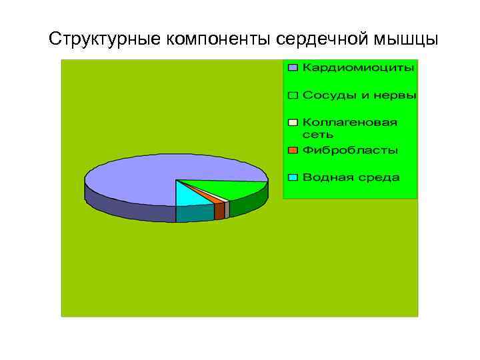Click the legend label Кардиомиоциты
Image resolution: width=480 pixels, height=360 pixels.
(358, 67)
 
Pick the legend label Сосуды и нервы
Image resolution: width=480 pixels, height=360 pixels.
(359, 95)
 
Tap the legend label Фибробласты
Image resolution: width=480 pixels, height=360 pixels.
(350, 150)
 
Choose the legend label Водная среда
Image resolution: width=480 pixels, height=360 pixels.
(351, 177)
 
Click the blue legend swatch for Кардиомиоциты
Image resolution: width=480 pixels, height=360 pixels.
(293, 68)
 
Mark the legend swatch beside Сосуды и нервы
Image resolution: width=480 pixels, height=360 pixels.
(293, 96)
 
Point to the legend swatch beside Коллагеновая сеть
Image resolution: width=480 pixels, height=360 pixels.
(293, 123)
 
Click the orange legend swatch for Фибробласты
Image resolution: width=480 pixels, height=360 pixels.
(293, 151)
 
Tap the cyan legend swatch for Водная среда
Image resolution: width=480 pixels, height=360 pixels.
(293, 178)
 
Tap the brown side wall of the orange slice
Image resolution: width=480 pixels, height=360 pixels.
(219, 211)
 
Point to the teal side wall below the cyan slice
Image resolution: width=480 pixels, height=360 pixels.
(195, 214)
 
